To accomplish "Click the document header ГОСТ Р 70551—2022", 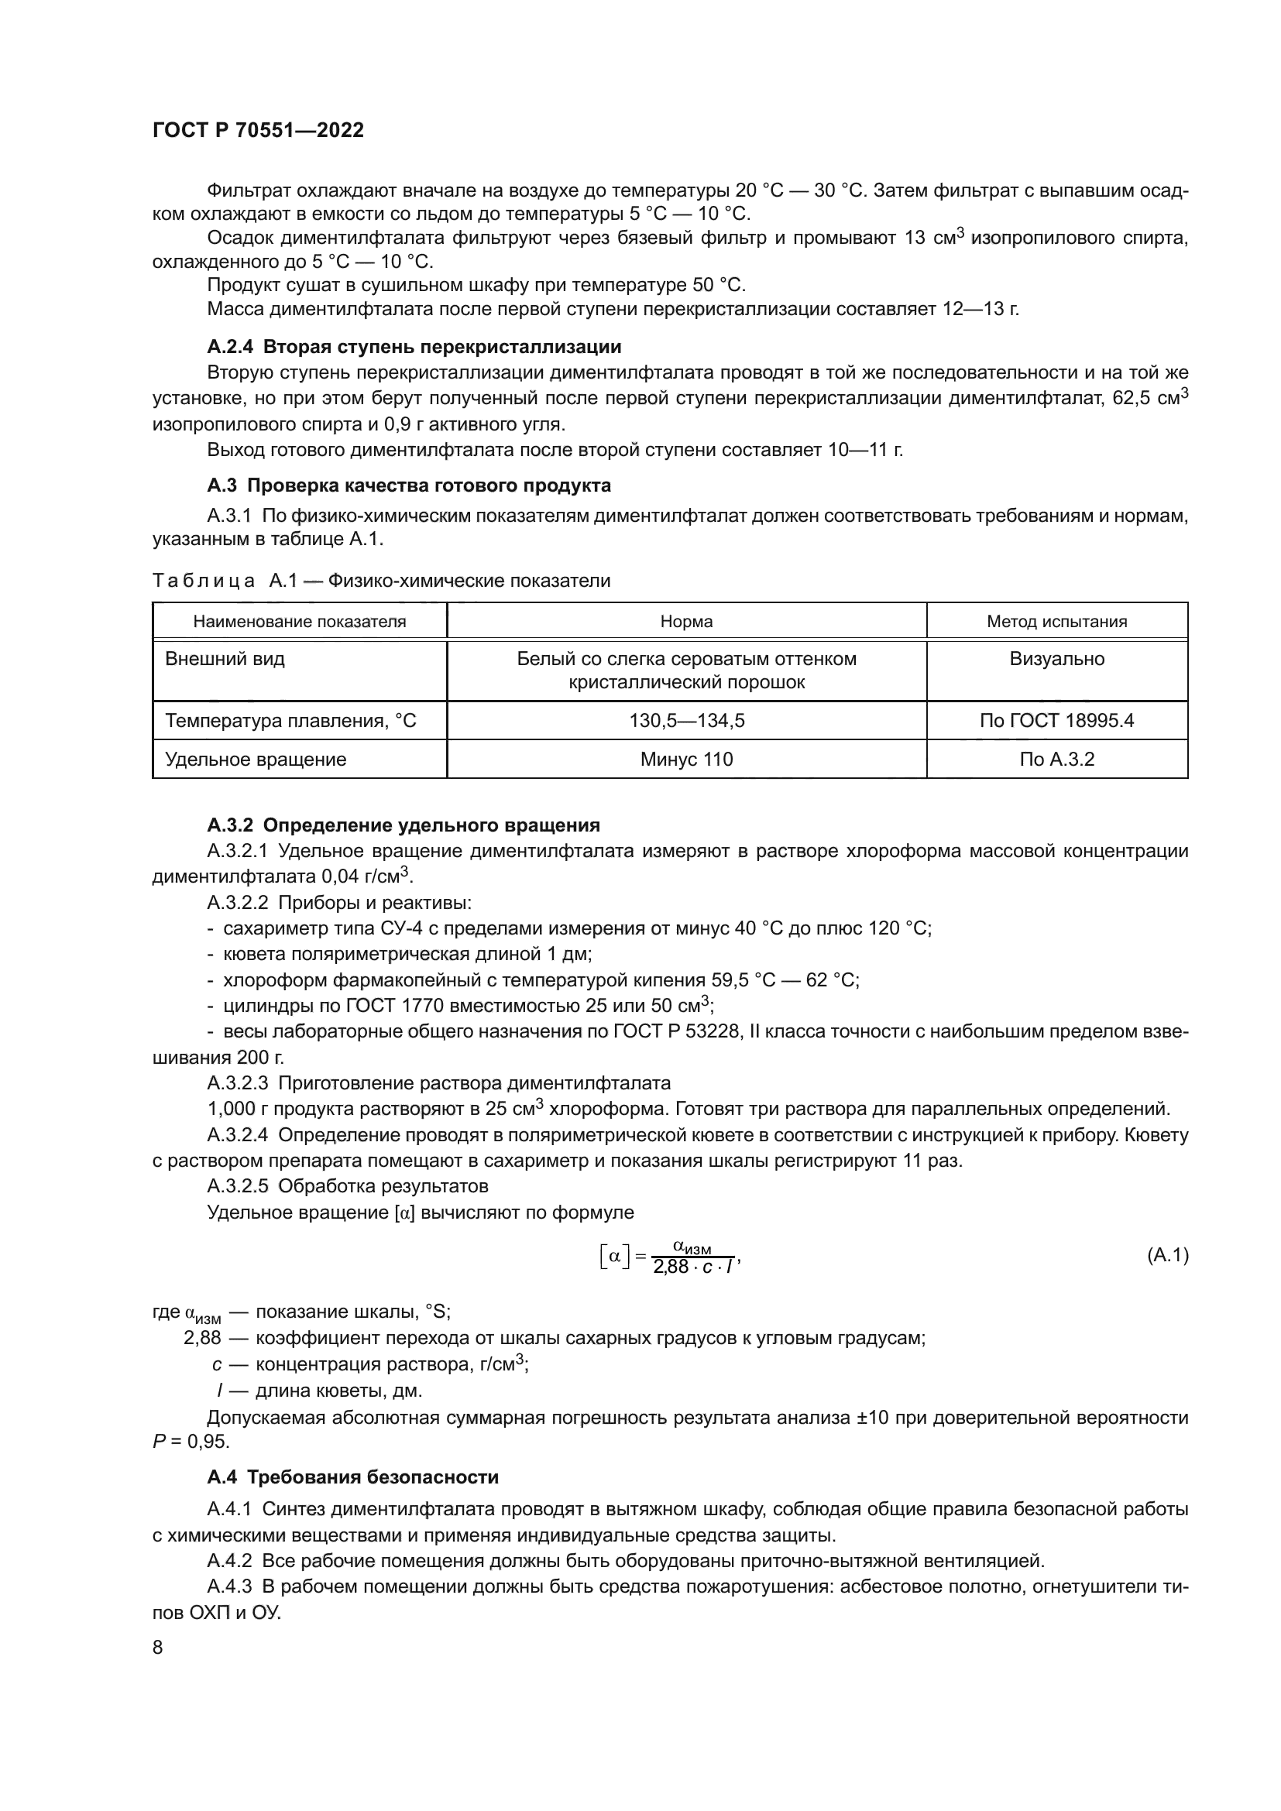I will click(x=258, y=131).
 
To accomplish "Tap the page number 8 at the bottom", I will click(x=158, y=1648).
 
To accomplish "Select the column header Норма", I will click(x=686, y=622).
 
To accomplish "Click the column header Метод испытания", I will click(x=1056, y=622).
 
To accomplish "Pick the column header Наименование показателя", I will click(x=300, y=622).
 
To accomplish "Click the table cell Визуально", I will click(x=1056, y=659).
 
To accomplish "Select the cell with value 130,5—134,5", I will click(x=686, y=720).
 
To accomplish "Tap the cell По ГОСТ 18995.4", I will click(x=1056, y=720).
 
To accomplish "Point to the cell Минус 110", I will click(x=686, y=760).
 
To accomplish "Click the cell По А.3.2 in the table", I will click(x=1056, y=760).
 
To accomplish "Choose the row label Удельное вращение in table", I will click(x=256, y=760).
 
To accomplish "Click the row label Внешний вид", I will click(x=225, y=659).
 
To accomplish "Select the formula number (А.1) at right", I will click(x=1166, y=1255).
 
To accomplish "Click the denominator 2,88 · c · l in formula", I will click(x=693, y=1267).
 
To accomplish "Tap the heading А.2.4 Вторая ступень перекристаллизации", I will click(x=414, y=347).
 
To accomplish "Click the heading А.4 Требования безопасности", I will click(x=353, y=1477).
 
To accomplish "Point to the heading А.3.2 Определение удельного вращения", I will click(x=403, y=825).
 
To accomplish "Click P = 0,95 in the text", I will click(x=190, y=1442).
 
